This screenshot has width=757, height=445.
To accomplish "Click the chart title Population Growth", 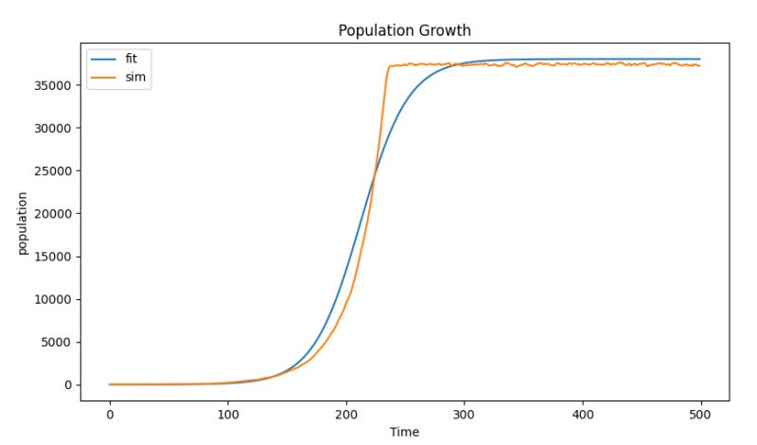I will click(404, 30).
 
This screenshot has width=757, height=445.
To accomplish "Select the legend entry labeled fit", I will click(132, 59).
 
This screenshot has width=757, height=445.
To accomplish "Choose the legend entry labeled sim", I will click(134, 76).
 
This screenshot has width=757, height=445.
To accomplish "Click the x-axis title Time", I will click(404, 432).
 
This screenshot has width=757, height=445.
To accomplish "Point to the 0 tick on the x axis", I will click(110, 414).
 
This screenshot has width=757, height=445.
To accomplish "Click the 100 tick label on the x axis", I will click(227, 414).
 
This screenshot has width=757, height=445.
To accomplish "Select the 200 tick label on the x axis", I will click(345, 414).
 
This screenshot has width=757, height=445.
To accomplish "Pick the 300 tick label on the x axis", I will click(464, 414).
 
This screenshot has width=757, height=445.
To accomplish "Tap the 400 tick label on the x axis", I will click(582, 414).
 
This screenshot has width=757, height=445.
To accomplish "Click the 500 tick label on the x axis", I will click(700, 414).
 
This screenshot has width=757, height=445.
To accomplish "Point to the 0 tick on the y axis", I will click(67, 385).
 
